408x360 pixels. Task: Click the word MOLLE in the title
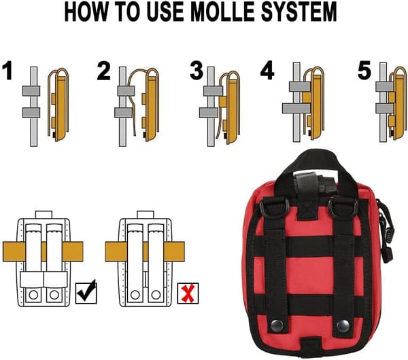click(x=222, y=12)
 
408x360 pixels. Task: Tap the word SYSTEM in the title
click(x=299, y=12)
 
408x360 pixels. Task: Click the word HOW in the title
click(x=86, y=12)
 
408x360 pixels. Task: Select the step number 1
click(x=7, y=71)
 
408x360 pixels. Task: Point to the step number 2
click(x=103, y=71)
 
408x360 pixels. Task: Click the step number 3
click(x=197, y=71)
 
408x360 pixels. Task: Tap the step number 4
click(x=267, y=71)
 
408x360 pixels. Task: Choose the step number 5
click(x=364, y=71)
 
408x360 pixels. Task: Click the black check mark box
click(x=86, y=292)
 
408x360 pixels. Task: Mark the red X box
click(x=188, y=293)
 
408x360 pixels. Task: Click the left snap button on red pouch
click(x=277, y=325)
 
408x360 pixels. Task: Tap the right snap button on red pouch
click(x=343, y=325)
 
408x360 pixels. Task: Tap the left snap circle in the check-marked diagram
click(x=33, y=295)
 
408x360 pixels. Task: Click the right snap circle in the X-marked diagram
click(x=156, y=295)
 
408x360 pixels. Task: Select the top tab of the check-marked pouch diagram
click(x=44, y=215)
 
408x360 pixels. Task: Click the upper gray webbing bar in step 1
click(x=31, y=91)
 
